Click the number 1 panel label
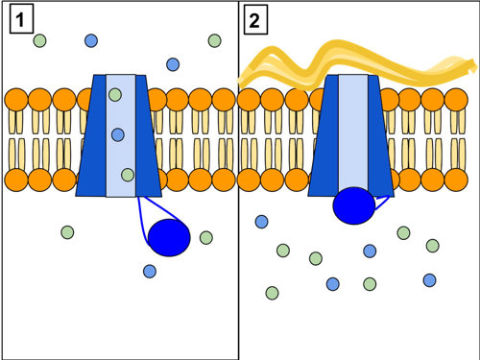tap(22, 20)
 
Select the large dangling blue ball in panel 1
tap(169, 238)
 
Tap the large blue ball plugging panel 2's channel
tap(353, 205)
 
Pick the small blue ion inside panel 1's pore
tap(117, 134)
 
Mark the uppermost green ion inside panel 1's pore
tap(115, 94)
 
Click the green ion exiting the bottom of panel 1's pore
tap(128, 175)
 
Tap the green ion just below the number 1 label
tap(39, 40)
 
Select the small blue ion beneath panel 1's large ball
tap(150, 272)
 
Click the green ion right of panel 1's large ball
tap(205, 237)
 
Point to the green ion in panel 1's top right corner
tap(214, 40)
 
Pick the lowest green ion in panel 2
tap(272, 292)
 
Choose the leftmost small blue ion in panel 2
tap(261, 222)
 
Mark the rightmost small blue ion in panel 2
tap(429, 279)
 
